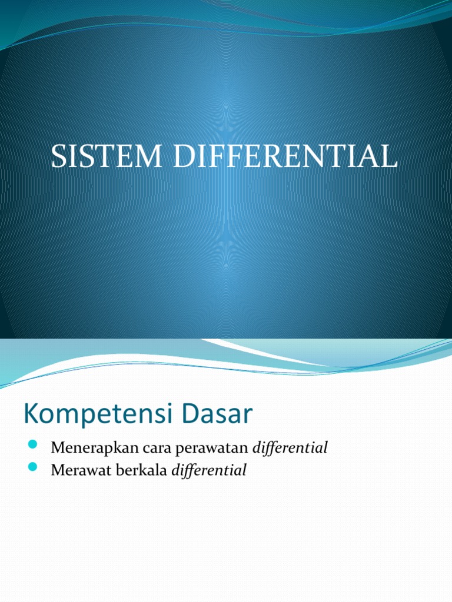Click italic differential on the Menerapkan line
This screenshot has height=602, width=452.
(290, 448)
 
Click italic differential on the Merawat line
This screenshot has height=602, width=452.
(209, 470)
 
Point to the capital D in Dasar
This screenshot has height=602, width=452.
(199, 414)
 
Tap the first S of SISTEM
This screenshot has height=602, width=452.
(58, 158)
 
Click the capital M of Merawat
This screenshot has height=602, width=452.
(58, 470)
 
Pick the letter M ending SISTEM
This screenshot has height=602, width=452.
(155, 158)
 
